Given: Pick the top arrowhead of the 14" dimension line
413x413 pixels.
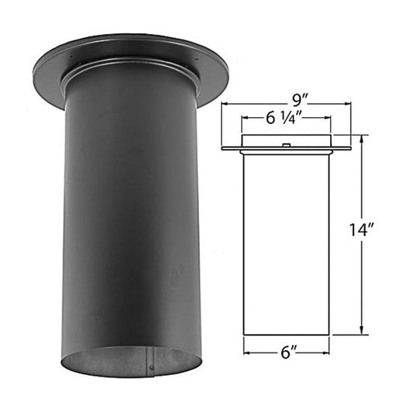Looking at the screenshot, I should [x=361, y=139].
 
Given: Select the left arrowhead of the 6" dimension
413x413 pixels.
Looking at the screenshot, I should [x=247, y=349].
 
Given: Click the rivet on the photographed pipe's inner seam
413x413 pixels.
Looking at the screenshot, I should [x=153, y=365].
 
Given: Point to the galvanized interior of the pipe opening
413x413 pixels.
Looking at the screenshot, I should [x=116, y=361].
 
